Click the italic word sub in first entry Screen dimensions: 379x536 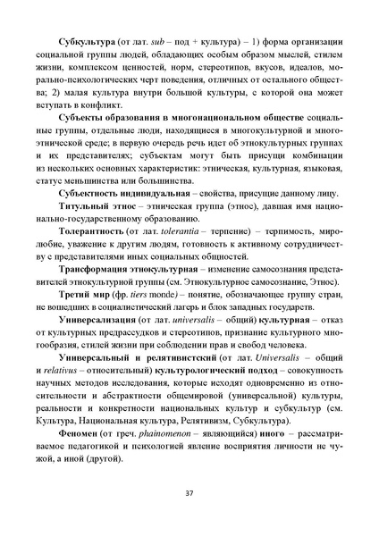[164, 41]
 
